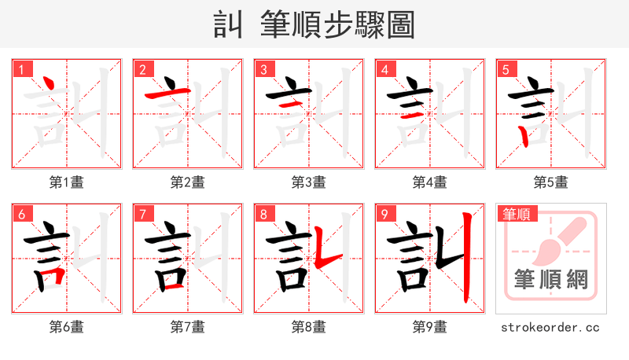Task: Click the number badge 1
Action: (x=21, y=69)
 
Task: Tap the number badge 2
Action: (x=142, y=69)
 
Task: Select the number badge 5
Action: (x=506, y=69)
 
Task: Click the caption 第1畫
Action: (x=67, y=182)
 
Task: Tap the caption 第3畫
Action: (x=309, y=182)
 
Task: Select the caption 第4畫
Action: (x=430, y=182)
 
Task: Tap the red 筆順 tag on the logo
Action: (x=516, y=213)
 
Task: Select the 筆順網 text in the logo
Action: (x=551, y=280)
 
